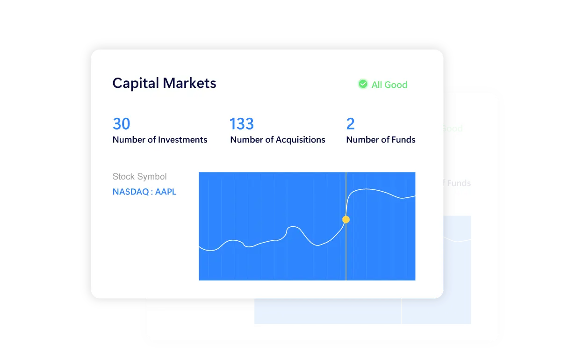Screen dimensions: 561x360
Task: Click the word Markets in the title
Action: click(189, 83)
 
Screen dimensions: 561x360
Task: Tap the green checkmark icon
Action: click(363, 84)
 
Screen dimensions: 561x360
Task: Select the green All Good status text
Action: click(389, 85)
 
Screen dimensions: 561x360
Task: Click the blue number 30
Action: click(122, 123)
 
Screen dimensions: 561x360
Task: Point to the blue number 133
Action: click(242, 123)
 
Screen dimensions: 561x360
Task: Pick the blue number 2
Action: click(350, 123)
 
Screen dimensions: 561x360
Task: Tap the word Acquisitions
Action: click(300, 139)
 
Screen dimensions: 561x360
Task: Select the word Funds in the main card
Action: click(403, 139)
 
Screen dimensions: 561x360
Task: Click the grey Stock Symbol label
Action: click(139, 177)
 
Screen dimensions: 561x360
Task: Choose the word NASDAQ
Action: click(131, 192)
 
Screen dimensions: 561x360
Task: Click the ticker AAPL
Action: click(165, 192)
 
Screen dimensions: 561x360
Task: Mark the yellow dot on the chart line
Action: click(346, 219)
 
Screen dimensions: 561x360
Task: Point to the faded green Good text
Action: click(453, 129)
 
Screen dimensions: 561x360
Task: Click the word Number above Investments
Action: click(129, 139)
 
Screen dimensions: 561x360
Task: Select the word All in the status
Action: click(376, 85)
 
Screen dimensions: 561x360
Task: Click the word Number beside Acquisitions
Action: click(246, 139)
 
